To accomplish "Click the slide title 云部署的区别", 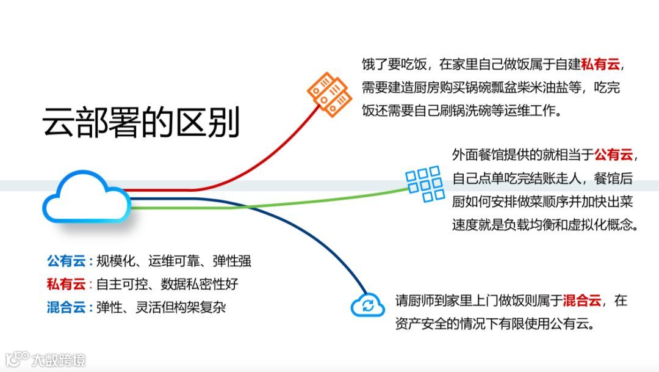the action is pos(141,123).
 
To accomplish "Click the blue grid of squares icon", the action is pos(425,183).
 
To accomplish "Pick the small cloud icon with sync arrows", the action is pos(368,304).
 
